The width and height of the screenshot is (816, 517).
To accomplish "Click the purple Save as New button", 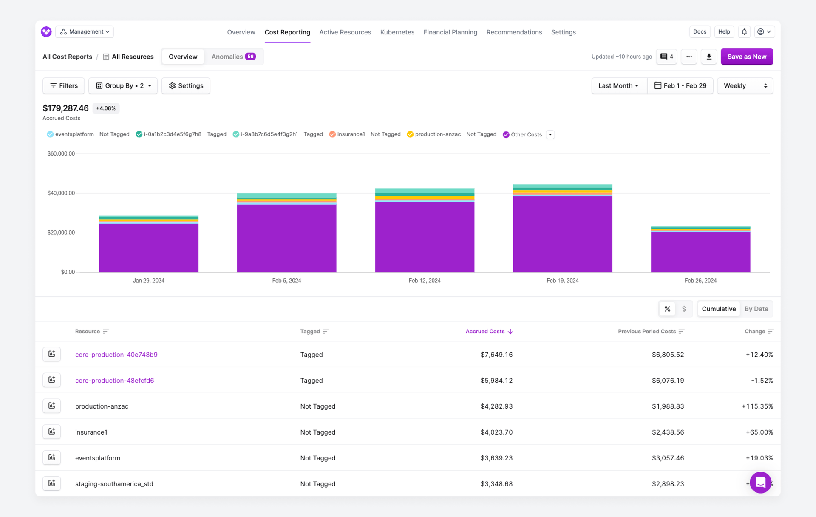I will click(x=746, y=57).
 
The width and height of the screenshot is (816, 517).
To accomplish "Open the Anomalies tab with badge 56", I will click(x=233, y=57).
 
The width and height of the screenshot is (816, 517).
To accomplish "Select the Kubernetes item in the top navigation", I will click(x=397, y=32).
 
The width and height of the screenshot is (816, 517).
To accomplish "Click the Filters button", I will click(x=64, y=85).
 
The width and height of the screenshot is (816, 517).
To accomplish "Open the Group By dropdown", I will click(x=123, y=85).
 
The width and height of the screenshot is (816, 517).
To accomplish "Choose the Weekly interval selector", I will click(x=745, y=85).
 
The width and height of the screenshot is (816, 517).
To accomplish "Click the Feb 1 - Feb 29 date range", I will click(x=680, y=85).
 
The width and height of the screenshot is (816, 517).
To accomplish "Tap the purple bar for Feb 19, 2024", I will click(x=562, y=234).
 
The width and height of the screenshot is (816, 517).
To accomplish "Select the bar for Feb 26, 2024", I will click(x=700, y=251).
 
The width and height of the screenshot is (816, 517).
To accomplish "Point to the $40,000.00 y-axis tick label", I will click(x=61, y=193).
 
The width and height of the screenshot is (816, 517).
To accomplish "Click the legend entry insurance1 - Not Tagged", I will click(x=365, y=134).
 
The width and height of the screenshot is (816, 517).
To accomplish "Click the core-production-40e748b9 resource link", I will click(x=116, y=355).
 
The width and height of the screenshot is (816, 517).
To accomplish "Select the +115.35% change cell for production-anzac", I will click(x=757, y=406).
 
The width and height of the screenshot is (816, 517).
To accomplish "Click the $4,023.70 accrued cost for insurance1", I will click(x=496, y=432).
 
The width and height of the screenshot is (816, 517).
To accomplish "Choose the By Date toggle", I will click(x=756, y=309).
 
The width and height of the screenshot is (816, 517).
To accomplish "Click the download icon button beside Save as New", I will click(x=708, y=57).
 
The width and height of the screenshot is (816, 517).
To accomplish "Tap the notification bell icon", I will click(x=744, y=32).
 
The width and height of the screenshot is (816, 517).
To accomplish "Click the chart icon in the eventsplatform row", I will click(x=52, y=457).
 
